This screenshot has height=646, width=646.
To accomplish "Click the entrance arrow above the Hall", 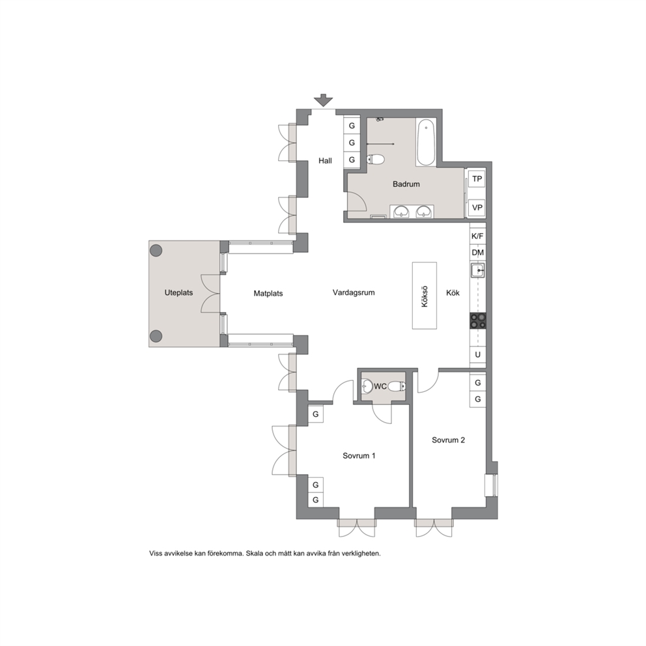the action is click(x=323, y=100).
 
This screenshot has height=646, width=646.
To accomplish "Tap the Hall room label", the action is click(x=325, y=161).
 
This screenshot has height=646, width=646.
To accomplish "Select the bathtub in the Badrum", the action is click(x=426, y=143).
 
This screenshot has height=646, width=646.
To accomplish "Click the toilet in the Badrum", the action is click(x=375, y=159).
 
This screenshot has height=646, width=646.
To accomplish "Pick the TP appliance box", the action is click(x=477, y=179).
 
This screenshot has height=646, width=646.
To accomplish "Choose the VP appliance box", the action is click(x=477, y=208).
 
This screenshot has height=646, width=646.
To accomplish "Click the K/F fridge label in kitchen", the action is click(x=477, y=236).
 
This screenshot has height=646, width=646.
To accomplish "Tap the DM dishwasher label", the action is click(x=477, y=253).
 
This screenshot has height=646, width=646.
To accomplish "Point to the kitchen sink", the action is click(x=478, y=271).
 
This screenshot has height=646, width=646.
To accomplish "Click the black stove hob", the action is click(x=478, y=321).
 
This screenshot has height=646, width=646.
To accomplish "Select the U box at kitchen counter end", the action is click(x=478, y=355).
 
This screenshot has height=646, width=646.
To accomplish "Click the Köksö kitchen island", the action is click(x=425, y=296).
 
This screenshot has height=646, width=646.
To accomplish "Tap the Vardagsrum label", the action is click(x=354, y=292).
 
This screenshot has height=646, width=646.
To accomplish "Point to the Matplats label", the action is click(x=268, y=293).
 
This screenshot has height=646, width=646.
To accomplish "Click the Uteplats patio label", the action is click(x=179, y=293).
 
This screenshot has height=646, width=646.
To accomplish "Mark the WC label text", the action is click(x=380, y=386).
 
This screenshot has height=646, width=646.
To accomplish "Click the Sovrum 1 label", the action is click(x=359, y=456).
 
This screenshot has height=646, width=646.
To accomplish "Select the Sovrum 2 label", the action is click(x=448, y=440).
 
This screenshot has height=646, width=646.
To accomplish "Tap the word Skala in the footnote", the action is click(x=254, y=554).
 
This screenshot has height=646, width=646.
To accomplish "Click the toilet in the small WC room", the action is click(x=397, y=386).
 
